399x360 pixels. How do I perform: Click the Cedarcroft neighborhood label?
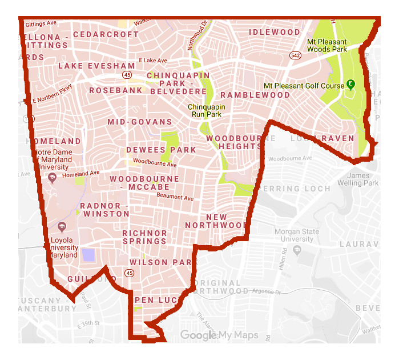coord(106,34)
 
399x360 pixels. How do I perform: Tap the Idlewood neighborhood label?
coord(275,33)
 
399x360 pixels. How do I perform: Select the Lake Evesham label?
coord(96,66)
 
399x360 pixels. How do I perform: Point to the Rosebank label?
coord(116,90)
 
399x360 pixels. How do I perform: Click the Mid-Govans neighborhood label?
coord(140,122)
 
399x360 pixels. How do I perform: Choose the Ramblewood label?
coord(255,95)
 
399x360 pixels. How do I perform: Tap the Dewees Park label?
coord(161,150)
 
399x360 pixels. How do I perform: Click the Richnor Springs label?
coord(145,237)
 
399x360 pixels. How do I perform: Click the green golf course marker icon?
coord(350,85)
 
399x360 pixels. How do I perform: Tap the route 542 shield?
coord(295,56)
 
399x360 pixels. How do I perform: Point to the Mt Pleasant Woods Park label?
coord(327,46)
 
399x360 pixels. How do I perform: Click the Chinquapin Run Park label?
coord(207,110)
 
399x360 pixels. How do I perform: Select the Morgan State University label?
coord(294,235)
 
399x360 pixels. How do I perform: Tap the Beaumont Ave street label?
coord(175,197)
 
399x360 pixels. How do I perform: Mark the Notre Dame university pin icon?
coord(53,179)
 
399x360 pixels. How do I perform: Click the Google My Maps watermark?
coord(220,335)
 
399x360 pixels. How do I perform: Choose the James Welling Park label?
coord(362,179)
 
